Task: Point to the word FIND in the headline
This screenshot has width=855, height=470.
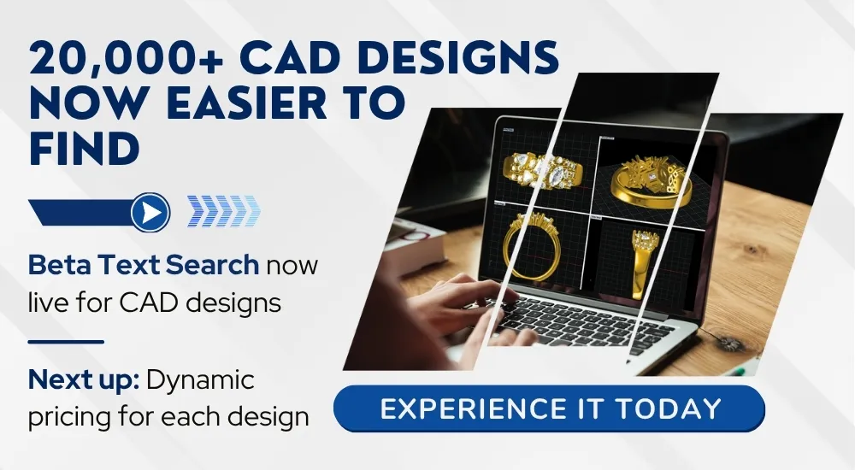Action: (84, 148)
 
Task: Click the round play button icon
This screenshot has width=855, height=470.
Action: (150, 212)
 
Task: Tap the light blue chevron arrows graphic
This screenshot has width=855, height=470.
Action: (223, 211)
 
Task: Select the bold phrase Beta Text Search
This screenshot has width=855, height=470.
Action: (144, 265)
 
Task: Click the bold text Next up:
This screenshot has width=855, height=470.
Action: (84, 380)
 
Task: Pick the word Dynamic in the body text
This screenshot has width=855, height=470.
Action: (200, 380)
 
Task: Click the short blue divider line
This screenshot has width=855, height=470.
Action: (66, 342)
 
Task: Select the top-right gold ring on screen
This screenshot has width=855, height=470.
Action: (651, 181)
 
